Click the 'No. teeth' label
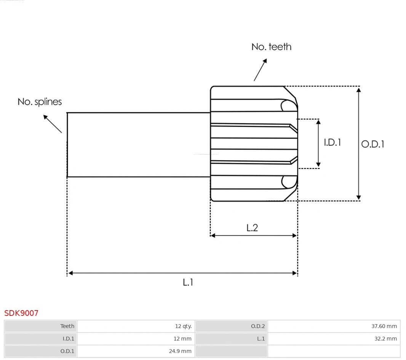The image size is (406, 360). coord(271,47)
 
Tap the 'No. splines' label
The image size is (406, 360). coord(40,102)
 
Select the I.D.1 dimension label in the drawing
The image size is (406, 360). coord(332,142)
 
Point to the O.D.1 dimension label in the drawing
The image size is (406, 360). coord(372,144)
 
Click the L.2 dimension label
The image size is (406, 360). coord(252,228)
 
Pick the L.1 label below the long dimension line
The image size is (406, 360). coord(188,282)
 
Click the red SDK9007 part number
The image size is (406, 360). coord(21,313)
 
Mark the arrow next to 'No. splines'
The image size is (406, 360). coord(52,123)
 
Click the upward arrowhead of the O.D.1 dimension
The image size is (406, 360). coord(358,90)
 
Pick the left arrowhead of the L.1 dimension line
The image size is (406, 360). coord(70,273)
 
